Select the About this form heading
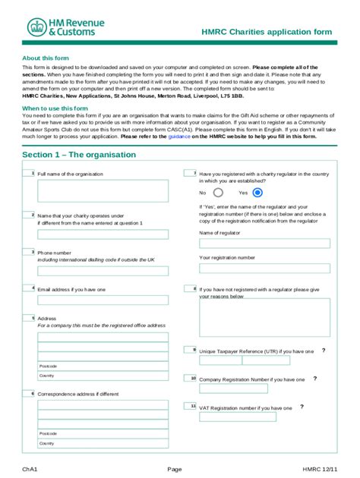click(x=46, y=58)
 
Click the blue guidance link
click(x=178, y=136)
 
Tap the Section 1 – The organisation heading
click(x=79, y=155)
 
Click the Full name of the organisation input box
click(x=103, y=190)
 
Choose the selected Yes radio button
click(x=257, y=193)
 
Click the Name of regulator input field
click(x=264, y=244)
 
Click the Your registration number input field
click(x=264, y=268)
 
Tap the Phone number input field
click(x=103, y=269)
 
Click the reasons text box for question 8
click(x=264, y=317)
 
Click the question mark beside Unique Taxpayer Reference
click(x=324, y=351)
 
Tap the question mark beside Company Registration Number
click(x=314, y=378)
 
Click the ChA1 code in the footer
click(x=30, y=469)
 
